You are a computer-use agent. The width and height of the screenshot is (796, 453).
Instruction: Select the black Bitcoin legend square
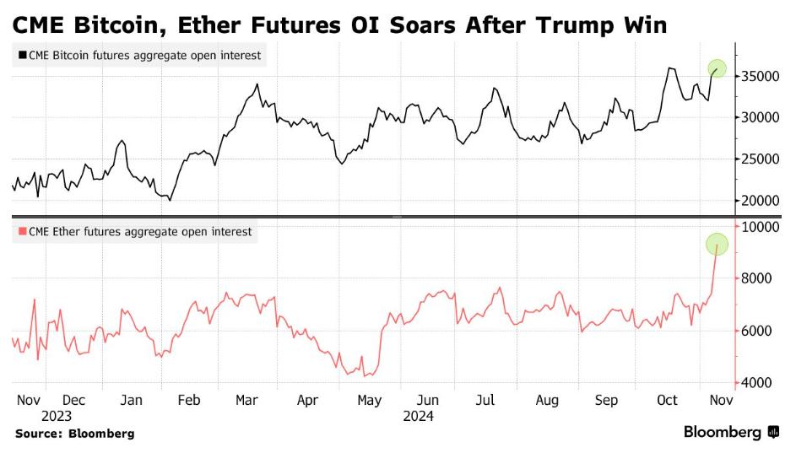tap(21, 57)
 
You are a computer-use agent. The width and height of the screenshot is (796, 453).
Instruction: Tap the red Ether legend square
tap(21, 231)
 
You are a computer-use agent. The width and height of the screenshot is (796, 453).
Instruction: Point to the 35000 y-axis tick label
tap(760, 76)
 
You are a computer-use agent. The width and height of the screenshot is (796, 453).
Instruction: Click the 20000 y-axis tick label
tap(760, 201)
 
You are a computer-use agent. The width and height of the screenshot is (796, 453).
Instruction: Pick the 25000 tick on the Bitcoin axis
tap(760, 159)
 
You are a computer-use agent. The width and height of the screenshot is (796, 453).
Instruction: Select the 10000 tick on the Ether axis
tap(760, 226)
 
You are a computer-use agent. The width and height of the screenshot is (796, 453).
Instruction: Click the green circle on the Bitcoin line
tap(717, 68)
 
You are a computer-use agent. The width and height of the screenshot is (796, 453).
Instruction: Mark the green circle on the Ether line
tap(717, 245)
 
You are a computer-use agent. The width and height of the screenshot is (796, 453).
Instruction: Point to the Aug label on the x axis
tap(547, 400)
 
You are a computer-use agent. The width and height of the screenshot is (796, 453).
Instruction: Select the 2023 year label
tap(56, 416)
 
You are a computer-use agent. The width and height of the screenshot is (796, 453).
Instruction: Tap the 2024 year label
tap(418, 416)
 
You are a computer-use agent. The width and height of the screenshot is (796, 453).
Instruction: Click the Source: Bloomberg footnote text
tap(74, 434)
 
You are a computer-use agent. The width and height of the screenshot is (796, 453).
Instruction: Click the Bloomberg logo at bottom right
tap(731, 432)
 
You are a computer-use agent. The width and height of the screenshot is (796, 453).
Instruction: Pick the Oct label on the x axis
tap(667, 400)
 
